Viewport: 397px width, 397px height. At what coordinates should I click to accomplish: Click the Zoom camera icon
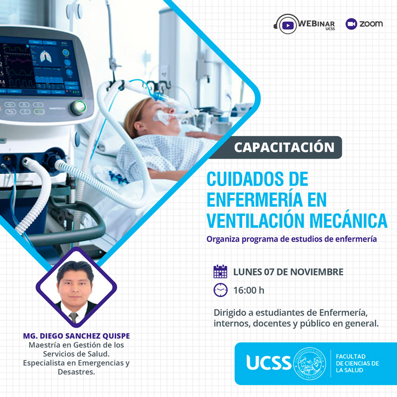point(351,24)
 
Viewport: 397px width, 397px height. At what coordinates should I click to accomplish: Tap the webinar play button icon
point(288,25)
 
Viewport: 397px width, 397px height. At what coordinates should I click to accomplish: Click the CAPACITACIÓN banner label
point(284,147)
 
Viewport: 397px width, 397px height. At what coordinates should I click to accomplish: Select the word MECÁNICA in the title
point(349,220)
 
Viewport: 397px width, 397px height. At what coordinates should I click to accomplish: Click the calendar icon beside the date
point(220,271)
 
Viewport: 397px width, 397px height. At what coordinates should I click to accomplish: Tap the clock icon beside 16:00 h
point(220,290)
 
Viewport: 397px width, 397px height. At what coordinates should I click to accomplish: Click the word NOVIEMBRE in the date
point(317,272)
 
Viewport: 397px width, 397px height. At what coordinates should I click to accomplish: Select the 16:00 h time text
point(249,290)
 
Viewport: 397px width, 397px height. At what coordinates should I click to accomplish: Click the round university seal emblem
point(310,364)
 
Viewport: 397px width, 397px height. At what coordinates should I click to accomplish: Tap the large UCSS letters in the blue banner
point(268,363)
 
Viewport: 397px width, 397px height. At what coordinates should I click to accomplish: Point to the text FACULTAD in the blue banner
point(351,356)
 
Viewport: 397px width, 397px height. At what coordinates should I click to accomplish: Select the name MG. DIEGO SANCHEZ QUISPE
point(76,336)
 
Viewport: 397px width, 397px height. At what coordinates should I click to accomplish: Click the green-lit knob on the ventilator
point(78,107)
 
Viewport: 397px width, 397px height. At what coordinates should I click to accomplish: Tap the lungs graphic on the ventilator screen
point(46,56)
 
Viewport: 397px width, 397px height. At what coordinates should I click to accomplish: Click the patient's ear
point(139,126)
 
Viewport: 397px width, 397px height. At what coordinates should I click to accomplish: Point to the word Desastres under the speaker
point(76,372)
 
